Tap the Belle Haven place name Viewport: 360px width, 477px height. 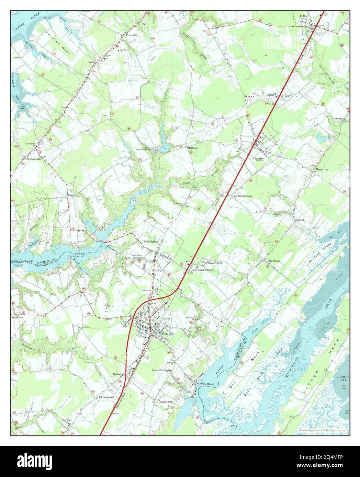pyautogui.click(x=151, y=242)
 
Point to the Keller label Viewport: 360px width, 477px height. pyautogui.click(x=303, y=16)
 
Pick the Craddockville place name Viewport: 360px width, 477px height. pyautogui.click(x=32, y=159)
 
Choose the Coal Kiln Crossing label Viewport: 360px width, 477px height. pyautogui.click(x=242, y=196)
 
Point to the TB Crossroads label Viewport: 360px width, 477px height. pyautogui.click(x=106, y=397)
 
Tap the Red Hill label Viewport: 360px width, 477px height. pyautogui.click(x=339, y=119)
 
